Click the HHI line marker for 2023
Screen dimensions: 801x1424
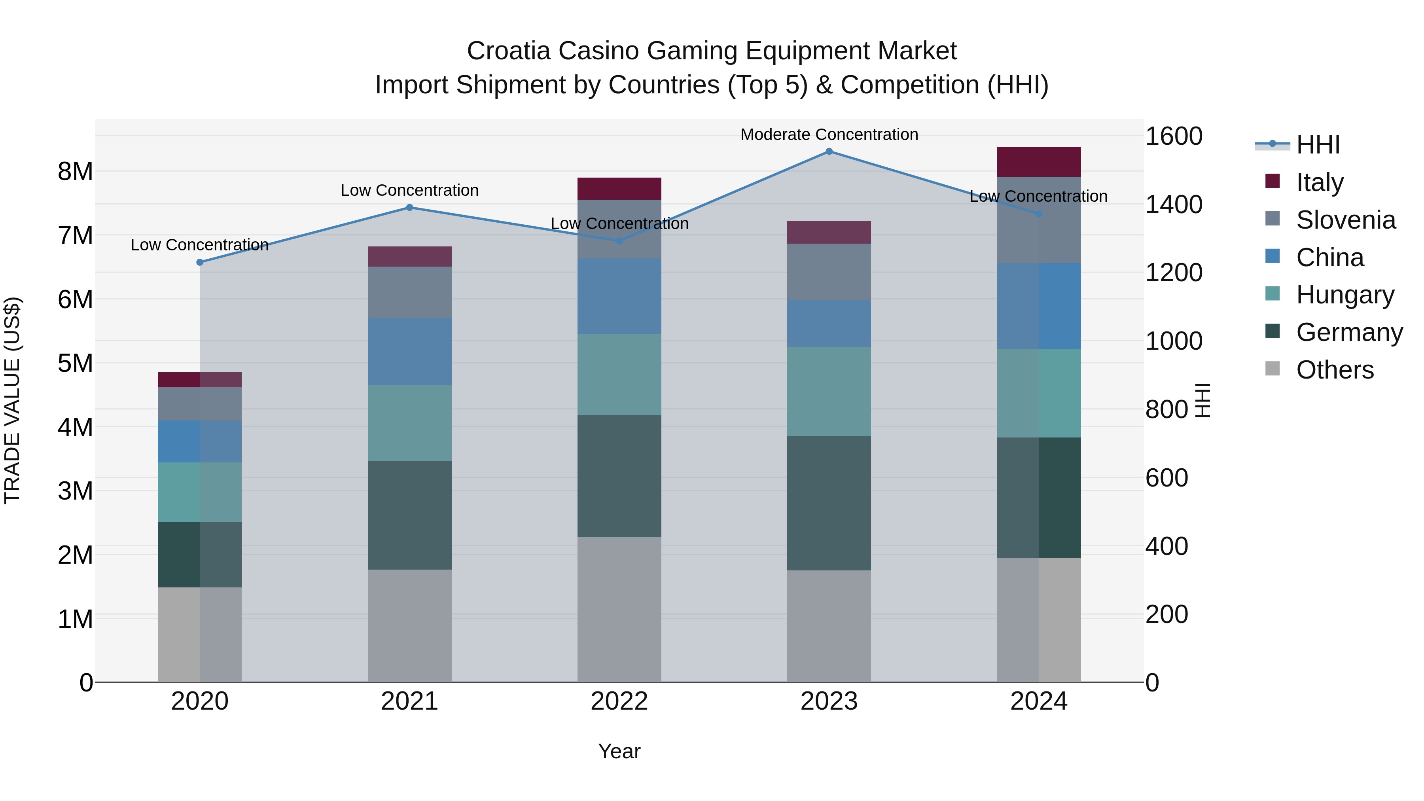coord(829,151)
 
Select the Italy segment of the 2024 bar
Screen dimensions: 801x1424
coord(1039,162)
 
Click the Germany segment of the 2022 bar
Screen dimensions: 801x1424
coord(619,475)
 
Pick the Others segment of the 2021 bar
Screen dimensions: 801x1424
coord(410,625)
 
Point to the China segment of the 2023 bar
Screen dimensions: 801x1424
coord(829,324)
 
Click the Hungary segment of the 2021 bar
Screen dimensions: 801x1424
coord(410,423)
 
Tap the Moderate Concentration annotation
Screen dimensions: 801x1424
coord(829,134)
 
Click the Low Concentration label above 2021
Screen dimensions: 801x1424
coord(410,190)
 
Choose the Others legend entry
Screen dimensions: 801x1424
coord(1335,370)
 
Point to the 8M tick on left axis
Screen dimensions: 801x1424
coord(75,171)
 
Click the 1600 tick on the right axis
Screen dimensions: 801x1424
coord(1173,136)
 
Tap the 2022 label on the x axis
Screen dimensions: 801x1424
coord(619,701)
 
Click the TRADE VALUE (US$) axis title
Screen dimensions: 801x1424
coord(12,400)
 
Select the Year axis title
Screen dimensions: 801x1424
coord(619,751)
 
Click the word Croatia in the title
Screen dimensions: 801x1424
coord(509,51)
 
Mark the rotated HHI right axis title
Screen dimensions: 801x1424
coord(1203,400)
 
